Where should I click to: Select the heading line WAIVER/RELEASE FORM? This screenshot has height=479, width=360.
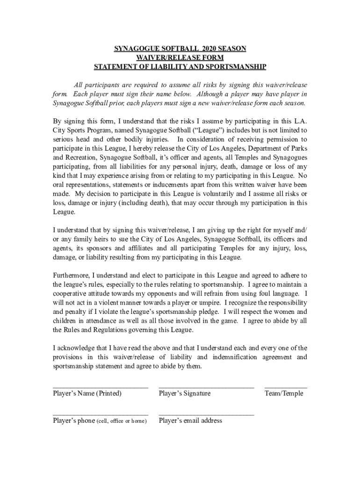point(180,58)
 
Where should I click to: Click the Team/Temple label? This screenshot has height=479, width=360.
point(284,393)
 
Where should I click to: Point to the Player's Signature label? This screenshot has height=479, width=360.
point(185,393)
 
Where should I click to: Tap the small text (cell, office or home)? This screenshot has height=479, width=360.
point(121,421)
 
